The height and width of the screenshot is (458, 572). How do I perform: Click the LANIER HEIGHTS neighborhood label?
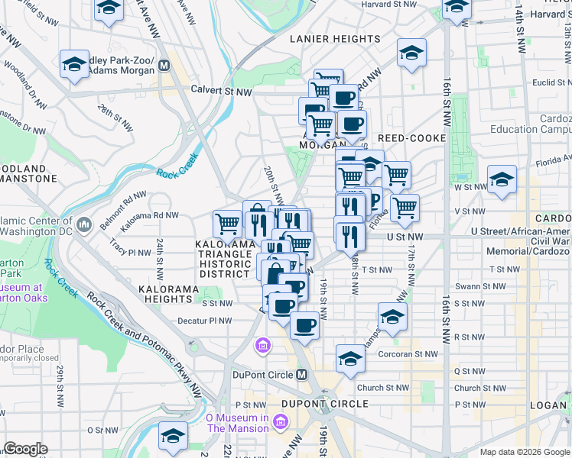pos(334,39)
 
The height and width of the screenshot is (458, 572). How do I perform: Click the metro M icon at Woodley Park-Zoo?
pos(164,65)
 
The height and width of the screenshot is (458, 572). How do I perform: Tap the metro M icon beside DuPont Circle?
pos(302,375)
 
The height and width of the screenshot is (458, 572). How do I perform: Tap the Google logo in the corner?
pos(25,449)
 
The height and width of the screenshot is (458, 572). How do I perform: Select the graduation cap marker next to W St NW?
pos(502,180)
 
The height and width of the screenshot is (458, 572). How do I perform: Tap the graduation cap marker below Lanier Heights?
pos(411,53)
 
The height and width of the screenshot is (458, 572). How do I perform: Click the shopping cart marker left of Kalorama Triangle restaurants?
pos(227,224)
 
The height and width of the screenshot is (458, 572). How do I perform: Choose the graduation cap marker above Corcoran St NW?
pos(392,316)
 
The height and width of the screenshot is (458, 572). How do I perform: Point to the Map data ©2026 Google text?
pos(525,452)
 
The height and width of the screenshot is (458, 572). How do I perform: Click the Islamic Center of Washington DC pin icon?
pos(84,224)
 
